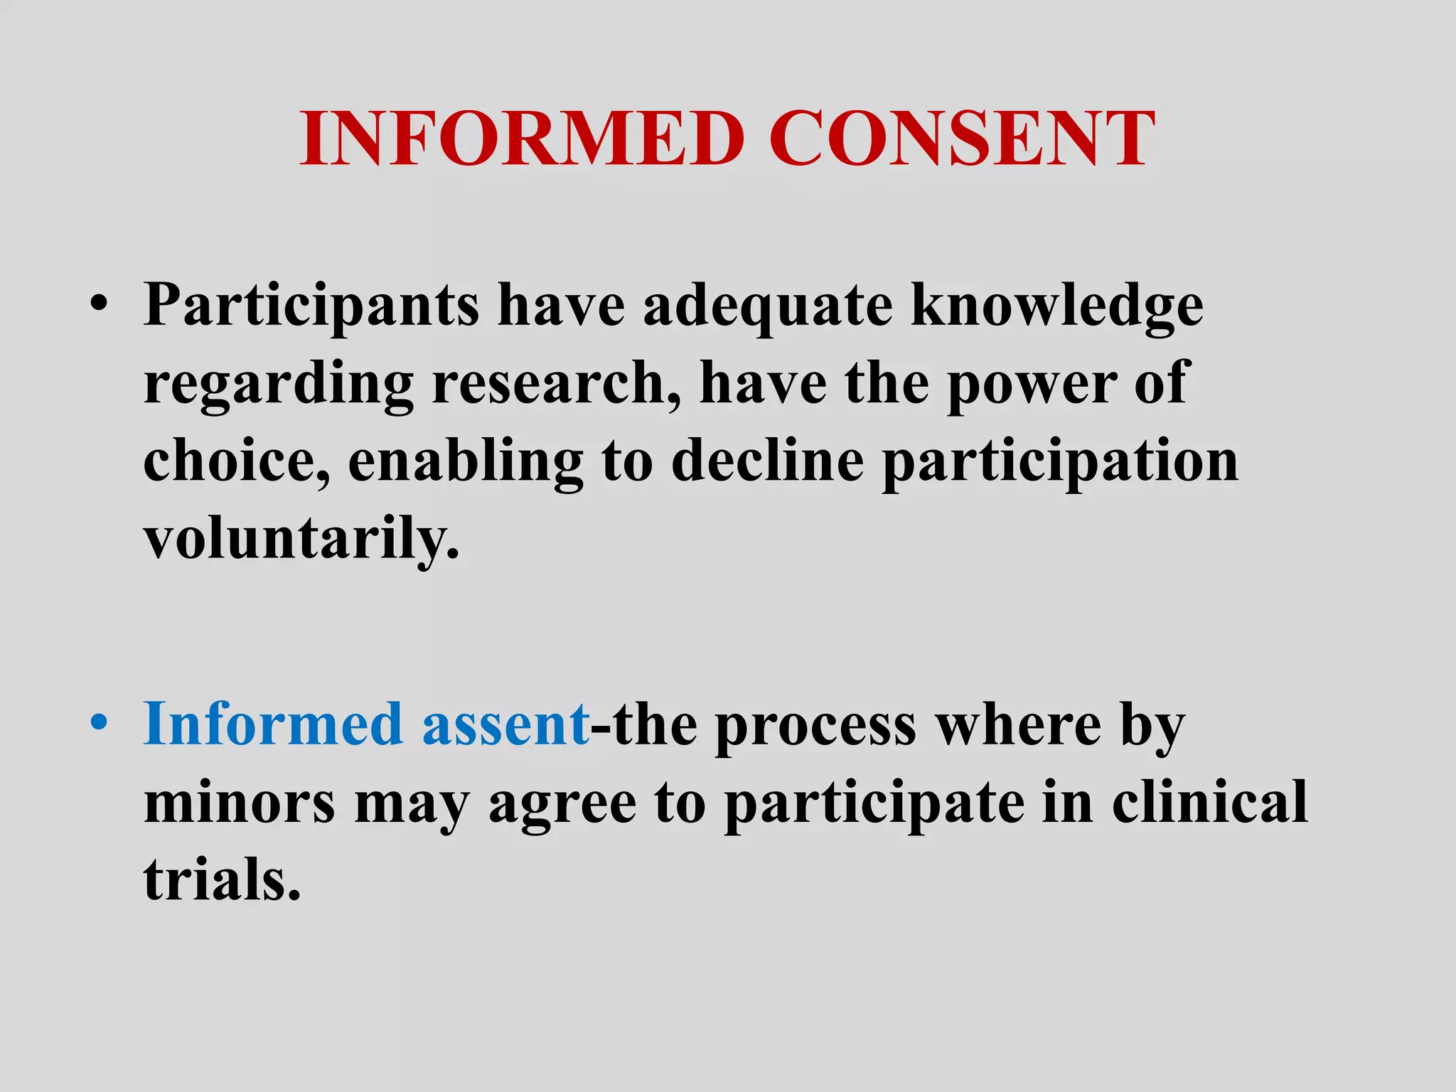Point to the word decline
click(767, 462)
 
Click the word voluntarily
click(301, 540)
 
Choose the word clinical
click(1209, 802)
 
